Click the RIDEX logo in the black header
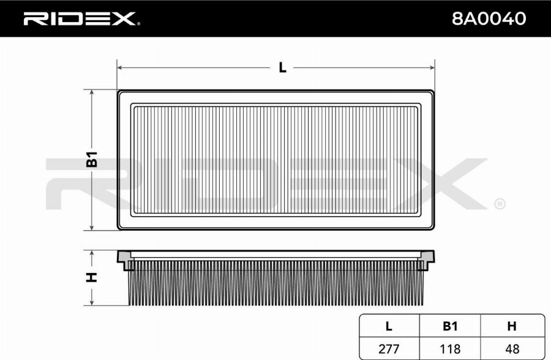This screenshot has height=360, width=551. click(x=81, y=19)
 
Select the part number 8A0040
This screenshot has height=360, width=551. click(x=489, y=18)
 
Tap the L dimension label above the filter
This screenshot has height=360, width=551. click(x=282, y=67)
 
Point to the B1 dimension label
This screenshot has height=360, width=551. click(x=92, y=159)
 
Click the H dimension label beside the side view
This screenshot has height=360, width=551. click(x=91, y=277)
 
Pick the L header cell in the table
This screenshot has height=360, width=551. click(x=389, y=326)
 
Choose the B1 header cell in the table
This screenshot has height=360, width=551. click(x=450, y=326)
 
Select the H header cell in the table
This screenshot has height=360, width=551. click(x=512, y=326)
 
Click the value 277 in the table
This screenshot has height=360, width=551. click(x=389, y=349)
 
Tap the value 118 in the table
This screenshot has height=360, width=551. click(x=450, y=349)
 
